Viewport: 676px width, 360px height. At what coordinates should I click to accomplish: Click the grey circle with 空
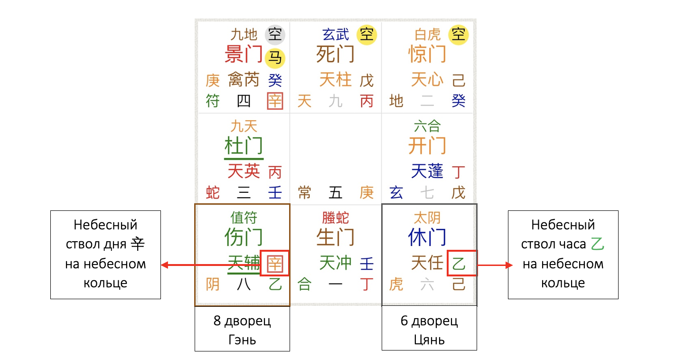(275, 34)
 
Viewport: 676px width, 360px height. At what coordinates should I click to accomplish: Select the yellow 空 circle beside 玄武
(366, 34)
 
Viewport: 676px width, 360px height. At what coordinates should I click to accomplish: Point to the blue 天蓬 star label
(427, 171)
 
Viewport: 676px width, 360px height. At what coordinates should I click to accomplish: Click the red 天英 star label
(244, 171)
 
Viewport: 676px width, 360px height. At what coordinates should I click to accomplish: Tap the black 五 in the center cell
(336, 192)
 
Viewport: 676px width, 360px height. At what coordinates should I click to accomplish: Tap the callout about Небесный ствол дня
(105, 255)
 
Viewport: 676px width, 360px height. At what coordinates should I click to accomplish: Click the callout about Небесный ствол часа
(563, 255)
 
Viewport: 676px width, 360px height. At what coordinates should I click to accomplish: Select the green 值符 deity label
(244, 218)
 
